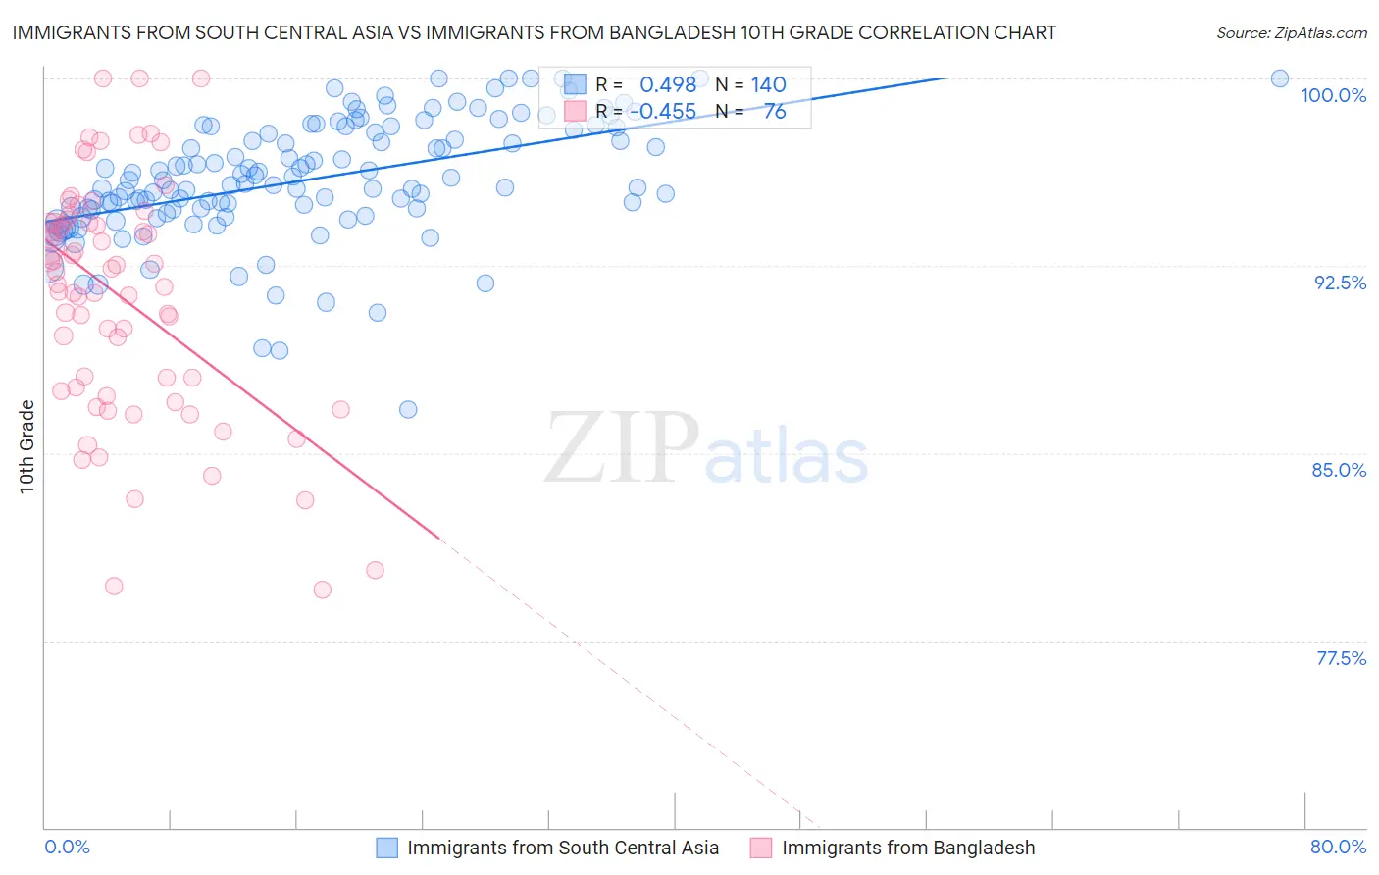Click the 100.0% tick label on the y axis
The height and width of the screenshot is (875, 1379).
coord(1333,95)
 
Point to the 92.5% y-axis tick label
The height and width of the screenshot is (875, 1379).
coord(1340,283)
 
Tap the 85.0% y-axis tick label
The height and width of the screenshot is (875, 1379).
coord(1339,470)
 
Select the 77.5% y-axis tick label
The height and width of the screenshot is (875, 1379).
coord(1341,658)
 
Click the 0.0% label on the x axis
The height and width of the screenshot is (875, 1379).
coord(67,847)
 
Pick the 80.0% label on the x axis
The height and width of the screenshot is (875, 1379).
coord(1338,847)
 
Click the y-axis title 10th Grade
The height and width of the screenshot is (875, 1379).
coord(27,446)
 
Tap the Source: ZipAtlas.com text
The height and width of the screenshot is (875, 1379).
coord(1291,32)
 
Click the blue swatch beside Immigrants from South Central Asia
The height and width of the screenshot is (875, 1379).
coord(387,848)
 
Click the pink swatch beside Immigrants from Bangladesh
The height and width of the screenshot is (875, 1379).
coord(762,848)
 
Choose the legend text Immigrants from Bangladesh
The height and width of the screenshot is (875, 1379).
coord(908,848)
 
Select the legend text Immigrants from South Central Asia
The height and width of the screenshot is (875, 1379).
coord(563,848)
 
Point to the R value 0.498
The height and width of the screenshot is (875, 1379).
coord(668,85)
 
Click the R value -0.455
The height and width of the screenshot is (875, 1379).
coord(662,112)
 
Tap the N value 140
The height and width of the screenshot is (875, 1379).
coord(769,85)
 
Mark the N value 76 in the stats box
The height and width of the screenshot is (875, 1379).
coord(775,112)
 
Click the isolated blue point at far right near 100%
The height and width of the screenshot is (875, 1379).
coord(1279,78)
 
